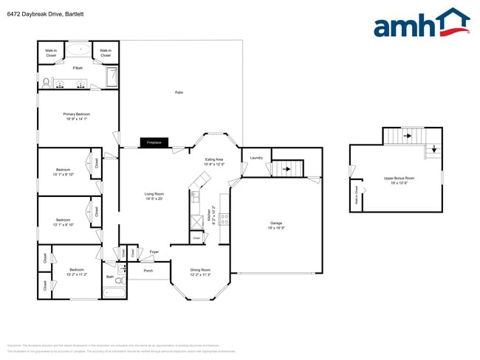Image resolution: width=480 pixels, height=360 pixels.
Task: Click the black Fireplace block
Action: tap(154, 142)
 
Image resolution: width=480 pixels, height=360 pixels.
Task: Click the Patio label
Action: tap(179, 92)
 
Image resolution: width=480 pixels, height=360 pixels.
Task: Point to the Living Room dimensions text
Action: tap(154, 198)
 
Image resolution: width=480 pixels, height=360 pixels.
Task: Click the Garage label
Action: tap(276, 223)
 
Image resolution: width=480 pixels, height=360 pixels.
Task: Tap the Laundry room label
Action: tap(256, 158)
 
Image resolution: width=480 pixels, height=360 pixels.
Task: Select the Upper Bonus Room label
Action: tap(399, 179)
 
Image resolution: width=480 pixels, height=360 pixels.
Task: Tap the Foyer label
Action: tap(154, 252)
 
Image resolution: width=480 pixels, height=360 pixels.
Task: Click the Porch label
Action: tap(148, 270)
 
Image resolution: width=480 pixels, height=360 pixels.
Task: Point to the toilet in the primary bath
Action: tap(45, 82)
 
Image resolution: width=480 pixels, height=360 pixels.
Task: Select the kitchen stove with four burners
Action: tap(224, 218)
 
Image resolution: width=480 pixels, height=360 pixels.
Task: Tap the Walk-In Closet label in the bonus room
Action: tap(356, 195)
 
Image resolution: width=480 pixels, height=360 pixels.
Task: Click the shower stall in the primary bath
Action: tap(112, 77)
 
